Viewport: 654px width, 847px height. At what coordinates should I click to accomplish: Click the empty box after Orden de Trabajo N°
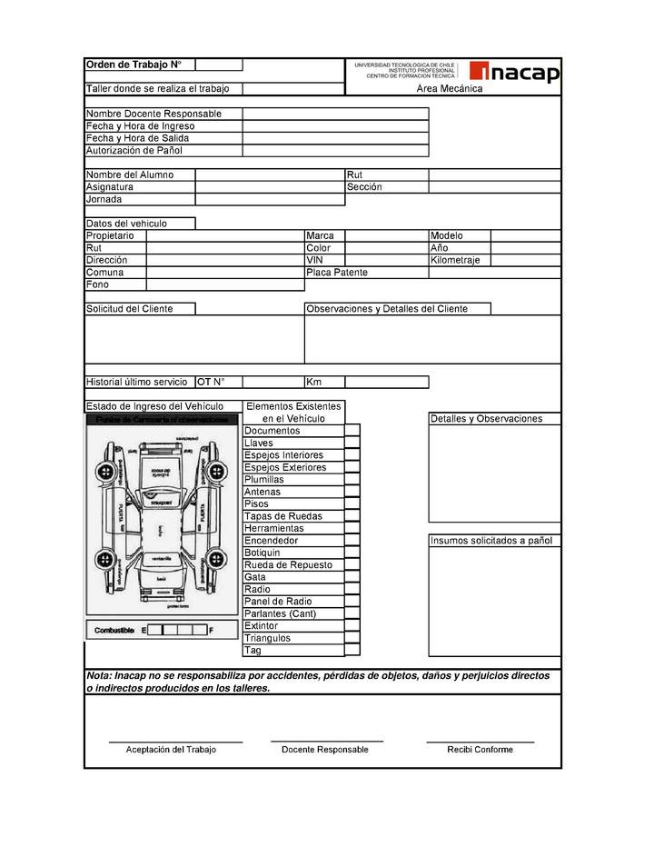click(218, 65)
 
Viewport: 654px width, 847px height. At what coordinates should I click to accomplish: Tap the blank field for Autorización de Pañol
click(335, 151)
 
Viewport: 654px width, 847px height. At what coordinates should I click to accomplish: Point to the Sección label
click(364, 187)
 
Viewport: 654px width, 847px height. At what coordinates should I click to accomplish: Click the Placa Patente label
click(337, 273)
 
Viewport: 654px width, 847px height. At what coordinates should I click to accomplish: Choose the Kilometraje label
click(456, 260)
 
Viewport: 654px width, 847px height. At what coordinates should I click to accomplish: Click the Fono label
click(97, 284)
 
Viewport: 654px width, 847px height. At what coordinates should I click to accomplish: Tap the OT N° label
click(211, 383)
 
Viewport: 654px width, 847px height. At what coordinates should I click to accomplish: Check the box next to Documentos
click(352, 431)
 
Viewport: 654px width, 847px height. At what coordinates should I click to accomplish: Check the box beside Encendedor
click(352, 541)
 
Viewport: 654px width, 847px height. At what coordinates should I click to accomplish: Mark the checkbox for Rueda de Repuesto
click(352, 565)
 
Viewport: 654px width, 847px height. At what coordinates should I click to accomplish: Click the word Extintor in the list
click(262, 626)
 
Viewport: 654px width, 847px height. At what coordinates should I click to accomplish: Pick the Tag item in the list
click(253, 651)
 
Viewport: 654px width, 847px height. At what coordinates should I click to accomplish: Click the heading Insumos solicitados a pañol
click(490, 541)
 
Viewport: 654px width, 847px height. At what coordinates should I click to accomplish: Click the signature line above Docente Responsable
click(326, 742)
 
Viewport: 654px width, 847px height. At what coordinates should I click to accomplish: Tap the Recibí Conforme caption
click(480, 750)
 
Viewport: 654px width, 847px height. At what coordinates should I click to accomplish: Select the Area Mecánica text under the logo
click(450, 89)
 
